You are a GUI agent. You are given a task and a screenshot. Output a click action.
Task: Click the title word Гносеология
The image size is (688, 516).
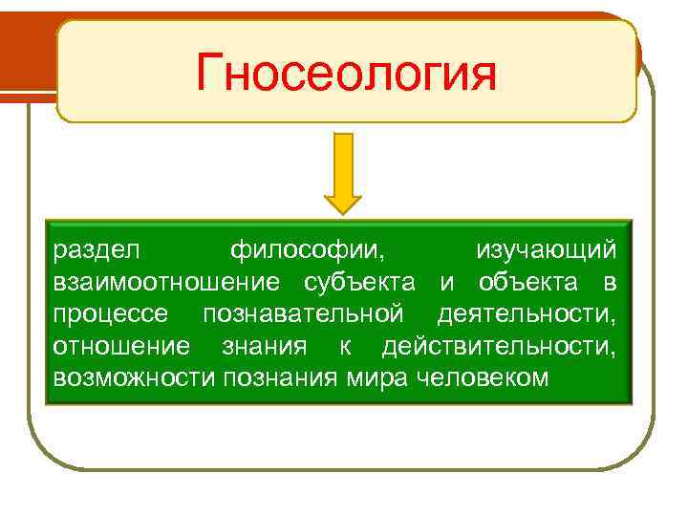[346, 73]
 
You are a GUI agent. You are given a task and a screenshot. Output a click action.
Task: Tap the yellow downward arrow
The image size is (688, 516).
[343, 173]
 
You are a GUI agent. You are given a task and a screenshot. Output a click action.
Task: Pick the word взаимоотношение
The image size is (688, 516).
[166, 282]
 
